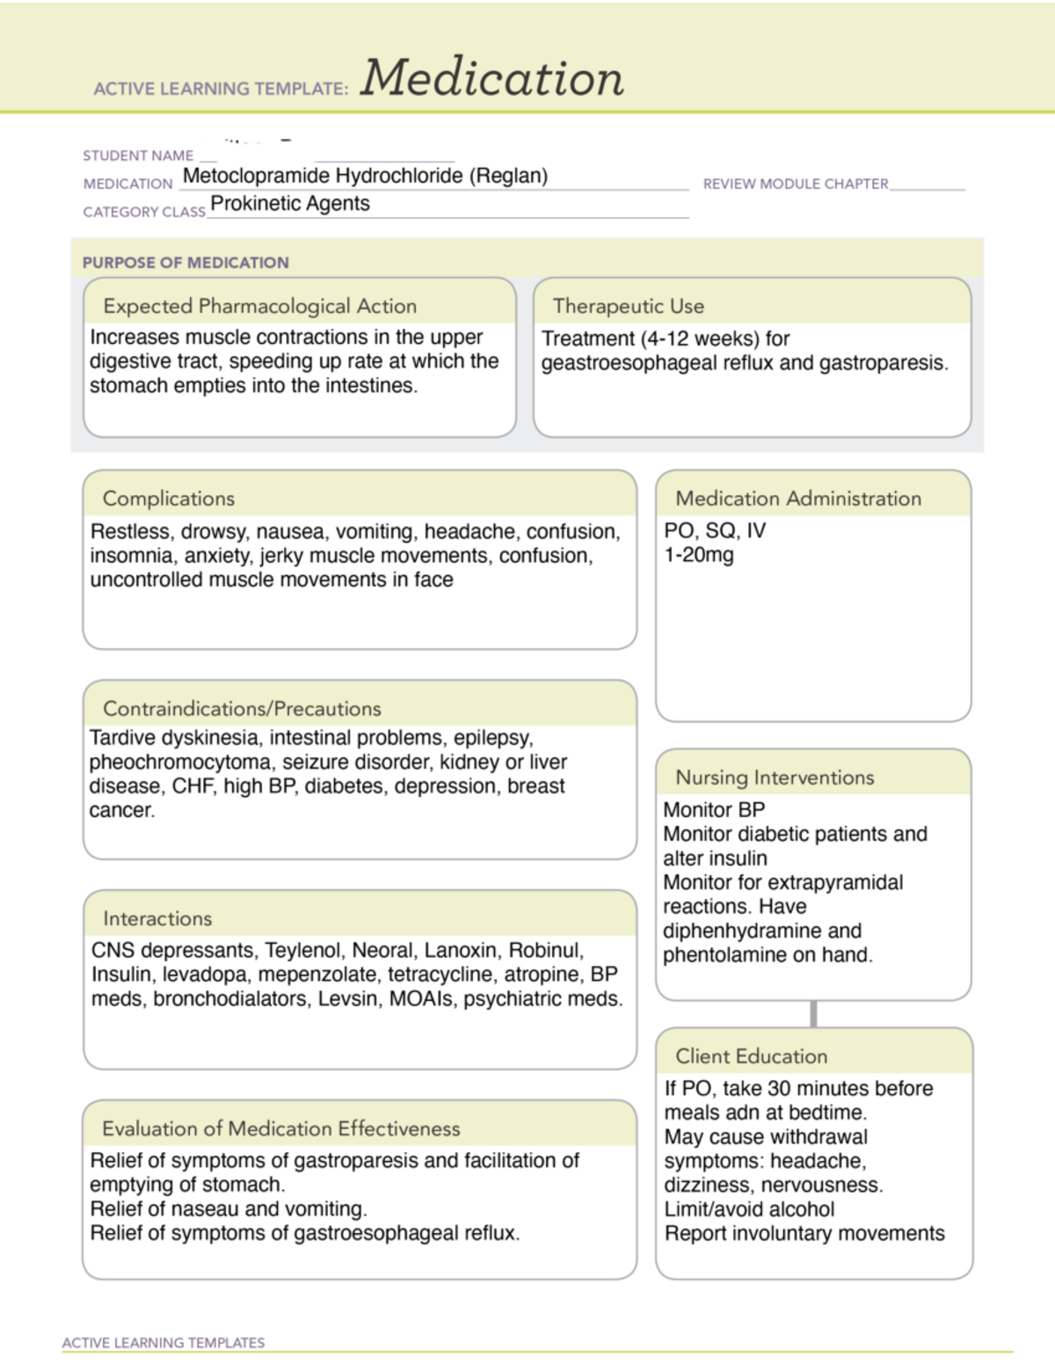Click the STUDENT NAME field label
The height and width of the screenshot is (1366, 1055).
click(x=138, y=156)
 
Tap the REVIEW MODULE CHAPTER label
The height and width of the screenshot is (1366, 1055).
click(x=796, y=184)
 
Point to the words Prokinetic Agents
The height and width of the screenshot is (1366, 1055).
click(x=290, y=204)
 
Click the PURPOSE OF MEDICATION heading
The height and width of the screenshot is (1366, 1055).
click(x=186, y=262)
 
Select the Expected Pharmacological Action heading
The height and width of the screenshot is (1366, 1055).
click(x=259, y=306)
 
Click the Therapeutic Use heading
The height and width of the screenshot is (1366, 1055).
click(x=628, y=306)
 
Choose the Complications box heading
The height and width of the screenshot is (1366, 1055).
click(x=169, y=499)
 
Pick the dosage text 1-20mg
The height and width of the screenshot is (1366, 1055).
click(x=699, y=555)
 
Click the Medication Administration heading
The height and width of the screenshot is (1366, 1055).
click(x=798, y=499)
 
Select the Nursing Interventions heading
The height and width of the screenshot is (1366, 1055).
click(x=775, y=778)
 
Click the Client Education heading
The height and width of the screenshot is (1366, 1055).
click(x=751, y=1056)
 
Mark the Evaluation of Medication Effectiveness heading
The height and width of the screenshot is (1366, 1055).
click(x=280, y=1129)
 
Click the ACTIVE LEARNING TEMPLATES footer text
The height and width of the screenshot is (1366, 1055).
click(x=164, y=1343)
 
